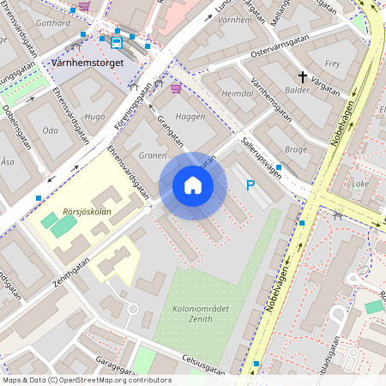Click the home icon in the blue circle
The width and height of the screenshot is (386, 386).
coord(193,185)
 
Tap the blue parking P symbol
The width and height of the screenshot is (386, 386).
coord(250,184)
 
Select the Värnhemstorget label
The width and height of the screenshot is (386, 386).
coord(88,63)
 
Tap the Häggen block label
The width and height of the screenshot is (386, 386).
coord(190,116)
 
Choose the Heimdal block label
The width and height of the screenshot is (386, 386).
coord(238,93)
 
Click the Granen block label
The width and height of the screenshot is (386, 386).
coord(152,156)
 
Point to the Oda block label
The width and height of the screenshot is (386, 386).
coord(50,130)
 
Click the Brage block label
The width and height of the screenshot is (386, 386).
coord(295,148)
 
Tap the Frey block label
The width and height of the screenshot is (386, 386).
coord(333,63)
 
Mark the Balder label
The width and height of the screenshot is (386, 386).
coord(297,89)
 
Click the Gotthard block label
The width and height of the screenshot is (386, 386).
coord(54,22)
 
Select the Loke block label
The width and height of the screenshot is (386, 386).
coord(359,183)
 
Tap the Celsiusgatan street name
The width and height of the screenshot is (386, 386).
coord(203,365)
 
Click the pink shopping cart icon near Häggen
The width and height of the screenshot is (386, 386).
coord(176,87)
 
